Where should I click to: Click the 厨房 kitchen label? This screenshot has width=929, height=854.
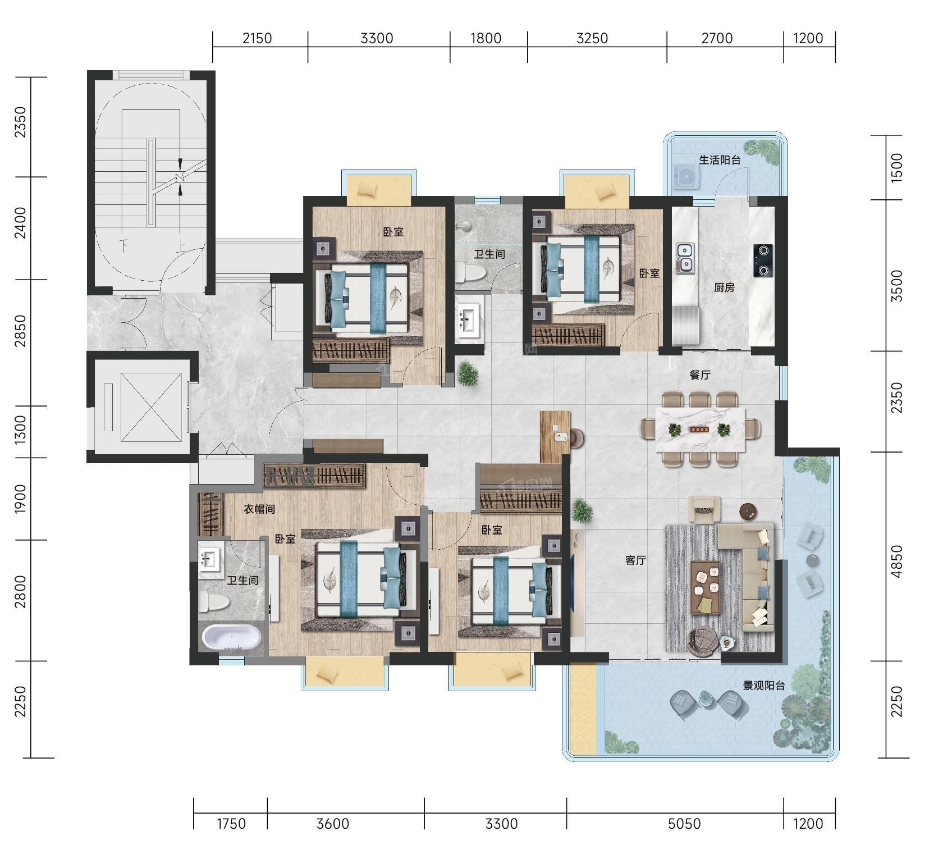tap(724, 287)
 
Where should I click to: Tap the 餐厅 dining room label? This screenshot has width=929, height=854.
tap(700, 375)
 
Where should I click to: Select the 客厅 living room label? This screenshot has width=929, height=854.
tap(635, 560)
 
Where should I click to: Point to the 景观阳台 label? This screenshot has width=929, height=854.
tap(764, 685)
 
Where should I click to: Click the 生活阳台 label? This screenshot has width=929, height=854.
tap(720, 160)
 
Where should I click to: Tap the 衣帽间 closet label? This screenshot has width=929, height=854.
tap(259, 509)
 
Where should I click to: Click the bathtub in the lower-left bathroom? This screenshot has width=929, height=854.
tap(231, 637)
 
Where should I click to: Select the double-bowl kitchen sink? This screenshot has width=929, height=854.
tap(685, 259)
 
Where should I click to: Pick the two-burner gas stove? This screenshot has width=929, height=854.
tap(763, 261)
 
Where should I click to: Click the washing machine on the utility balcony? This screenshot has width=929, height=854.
tap(685, 176)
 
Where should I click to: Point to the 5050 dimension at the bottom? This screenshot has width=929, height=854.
tap(684, 824)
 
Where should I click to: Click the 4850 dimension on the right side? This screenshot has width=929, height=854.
tap(897, 561)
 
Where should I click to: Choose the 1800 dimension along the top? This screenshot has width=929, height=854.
tap(486, 38)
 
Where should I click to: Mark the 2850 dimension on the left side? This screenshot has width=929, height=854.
tap(20, 331)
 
